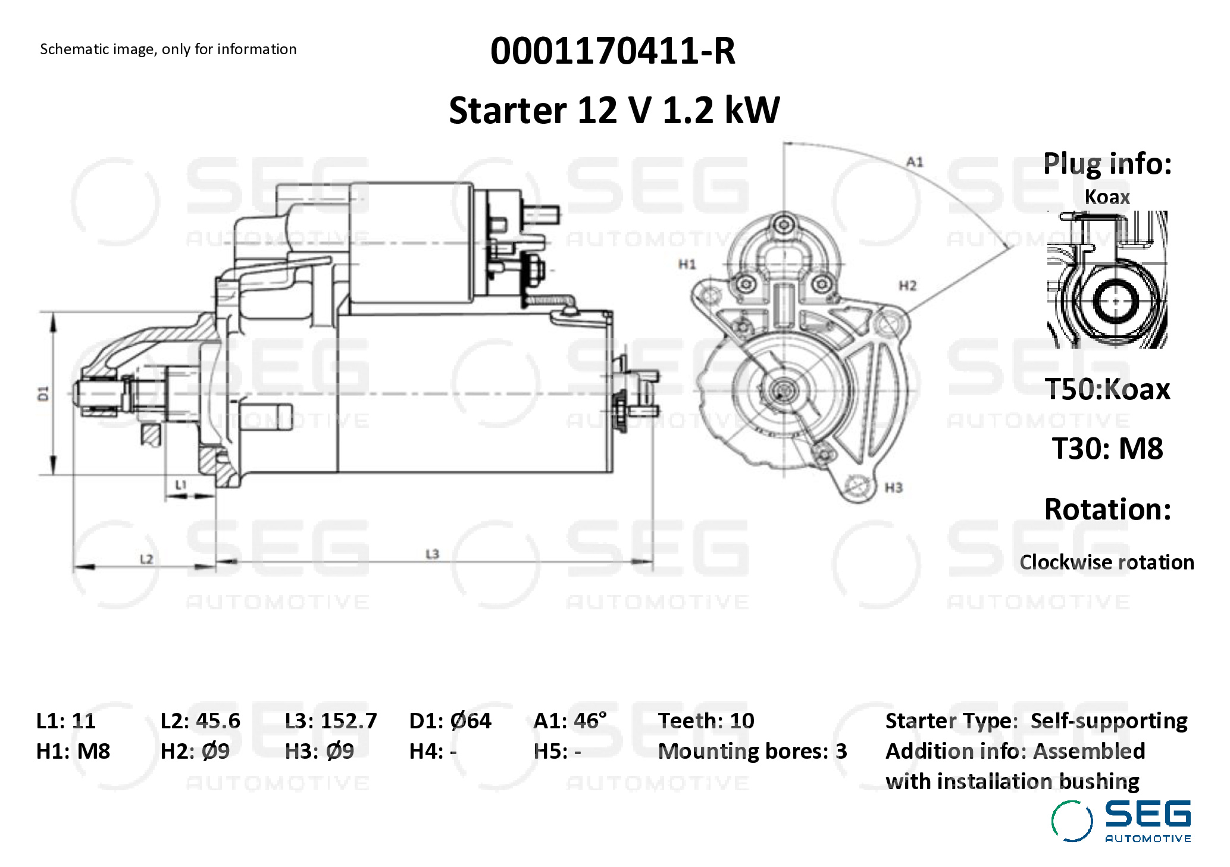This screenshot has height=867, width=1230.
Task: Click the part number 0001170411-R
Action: pos(613,51)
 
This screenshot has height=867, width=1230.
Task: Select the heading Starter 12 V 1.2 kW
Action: pos(614,110)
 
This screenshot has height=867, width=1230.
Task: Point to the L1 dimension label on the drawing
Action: pos(181,485)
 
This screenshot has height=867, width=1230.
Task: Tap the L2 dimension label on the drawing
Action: pos(146,559)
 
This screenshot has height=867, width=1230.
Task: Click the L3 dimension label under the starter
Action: pos(433,554)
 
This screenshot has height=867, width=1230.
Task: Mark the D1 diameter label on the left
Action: pos(43,393)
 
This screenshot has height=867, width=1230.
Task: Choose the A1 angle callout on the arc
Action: pos(915,162)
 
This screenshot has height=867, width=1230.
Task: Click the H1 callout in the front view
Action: pos(687,264)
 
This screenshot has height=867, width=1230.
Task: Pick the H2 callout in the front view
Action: pos(907,286)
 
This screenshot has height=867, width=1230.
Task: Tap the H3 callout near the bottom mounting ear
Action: pos(894,488)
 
